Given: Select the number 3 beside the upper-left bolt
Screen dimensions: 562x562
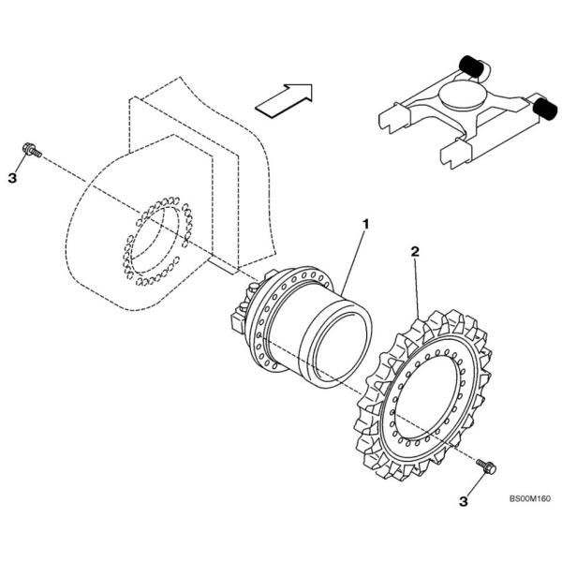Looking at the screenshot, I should click(13, 176).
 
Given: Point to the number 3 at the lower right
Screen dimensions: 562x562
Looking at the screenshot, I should click(463, 502).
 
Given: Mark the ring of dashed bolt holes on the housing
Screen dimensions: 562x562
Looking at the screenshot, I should click(155, 243).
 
